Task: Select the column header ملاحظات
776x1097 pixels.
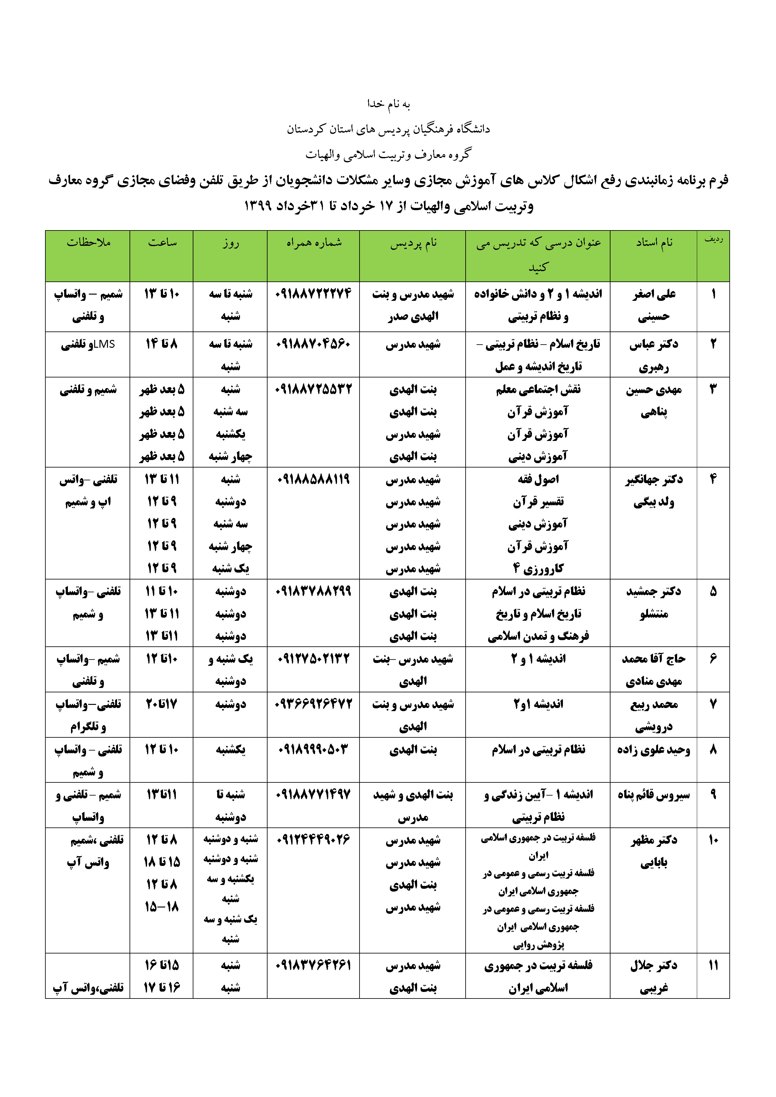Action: coord(89,243)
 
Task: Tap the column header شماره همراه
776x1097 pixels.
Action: coord(314,243)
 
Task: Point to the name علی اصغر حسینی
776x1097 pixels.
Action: coord(654,305)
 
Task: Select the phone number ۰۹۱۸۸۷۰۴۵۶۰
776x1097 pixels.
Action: coord(313,344)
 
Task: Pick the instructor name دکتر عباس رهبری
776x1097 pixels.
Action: coord(654,355)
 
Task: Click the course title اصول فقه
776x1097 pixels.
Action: coord(538,479)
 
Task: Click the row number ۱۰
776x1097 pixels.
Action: coord(713,839)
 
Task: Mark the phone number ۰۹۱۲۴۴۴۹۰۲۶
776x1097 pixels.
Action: coord(313,839)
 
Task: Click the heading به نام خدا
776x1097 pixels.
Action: coord(388,104)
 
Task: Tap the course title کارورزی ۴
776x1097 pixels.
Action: coord(538,569)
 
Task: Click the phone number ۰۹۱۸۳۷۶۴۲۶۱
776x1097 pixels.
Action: coord(313,965)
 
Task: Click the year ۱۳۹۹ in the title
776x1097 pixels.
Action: coord(258,206)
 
